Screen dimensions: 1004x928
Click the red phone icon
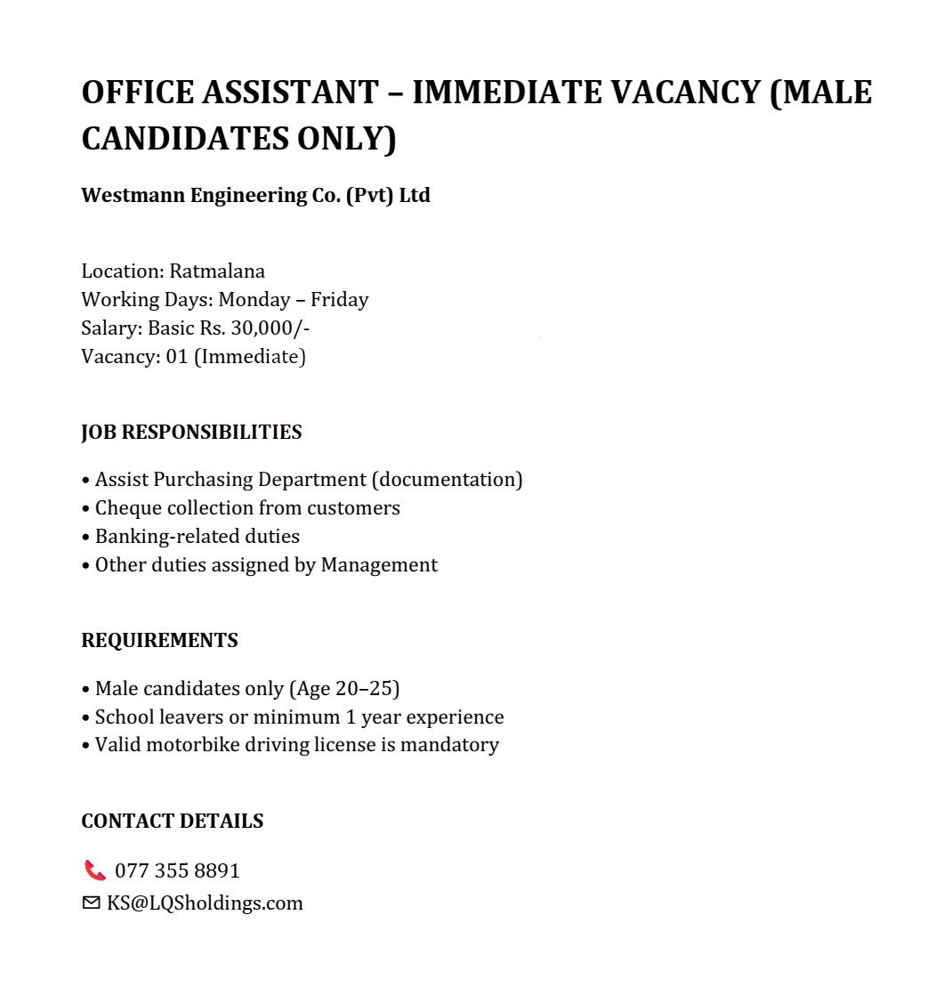point(94,870)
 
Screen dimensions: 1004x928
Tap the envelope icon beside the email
point(91,903)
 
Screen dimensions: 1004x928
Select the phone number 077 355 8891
point(177,870)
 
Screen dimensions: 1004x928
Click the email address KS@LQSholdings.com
point(205,903)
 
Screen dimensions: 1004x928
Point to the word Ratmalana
point(217,271)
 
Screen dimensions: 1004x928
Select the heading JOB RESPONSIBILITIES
point(191,433)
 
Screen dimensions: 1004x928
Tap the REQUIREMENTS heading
point(159,641)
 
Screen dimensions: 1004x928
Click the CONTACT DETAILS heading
point(172,821)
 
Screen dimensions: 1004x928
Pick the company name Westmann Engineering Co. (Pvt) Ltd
point(255,195)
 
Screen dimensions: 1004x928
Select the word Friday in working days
point(339,299)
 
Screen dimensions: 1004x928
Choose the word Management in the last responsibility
point(379,564)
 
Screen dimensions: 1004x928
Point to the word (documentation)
point(447,479)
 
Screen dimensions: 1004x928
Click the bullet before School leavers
point(85,717)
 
